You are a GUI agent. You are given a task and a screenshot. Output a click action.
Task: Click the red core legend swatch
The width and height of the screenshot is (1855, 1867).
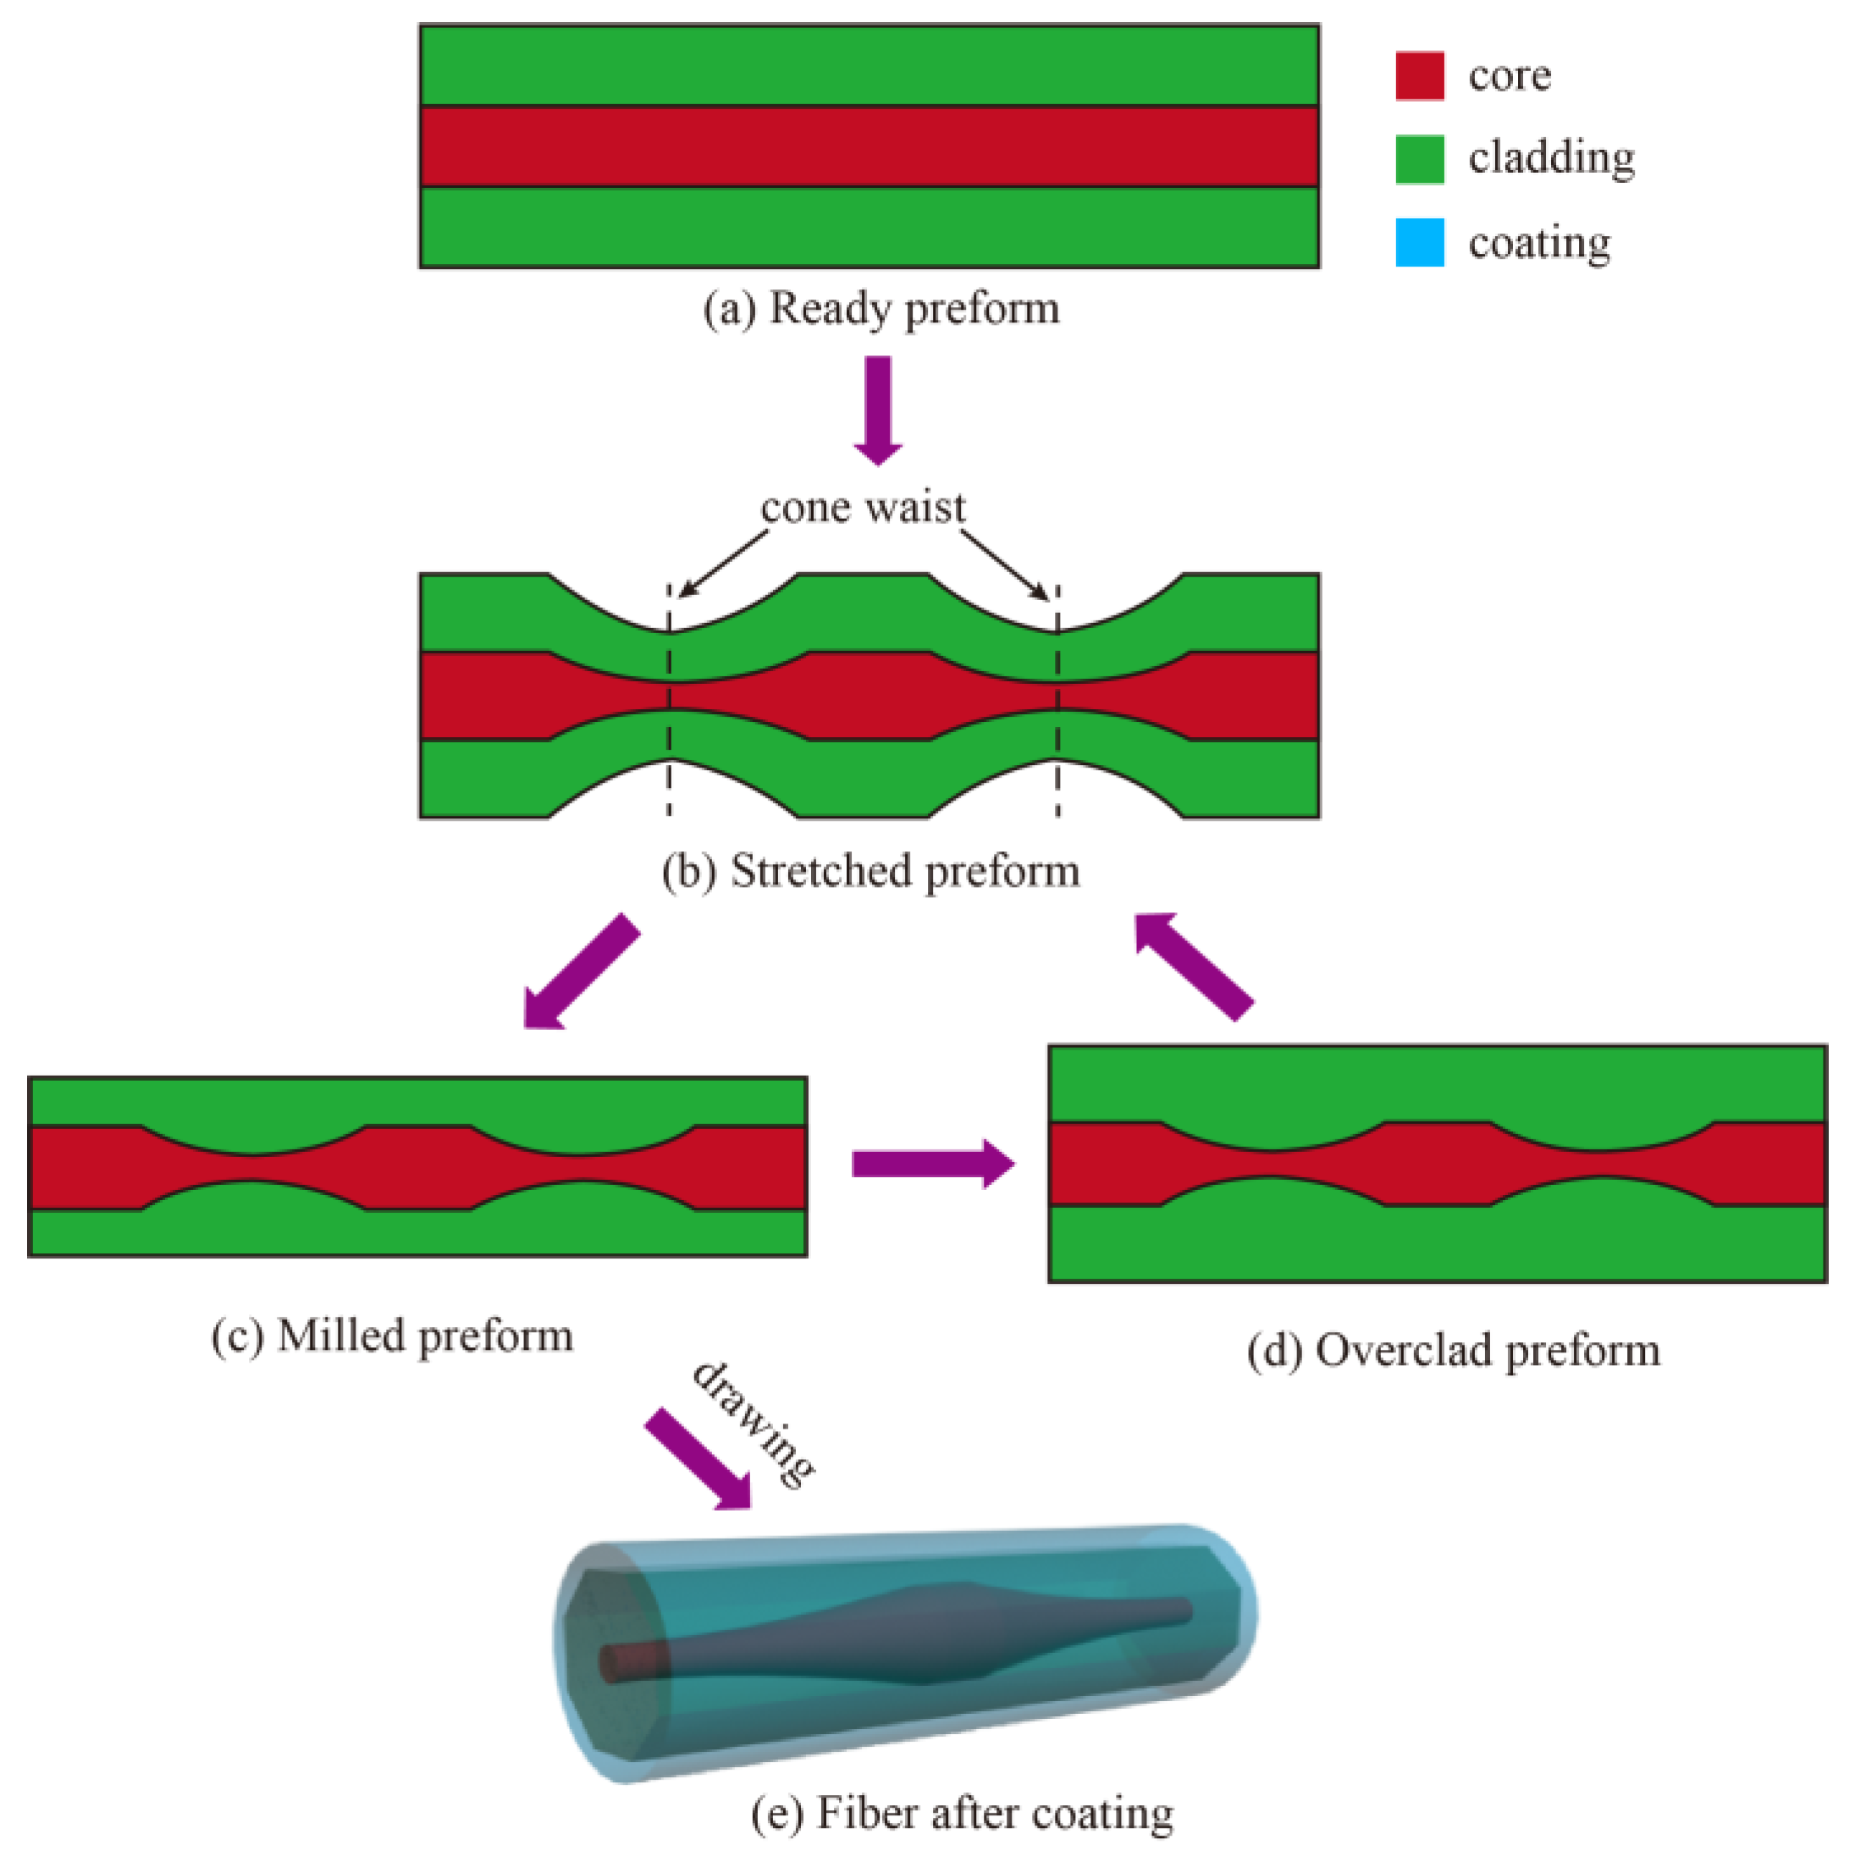[1419, 75]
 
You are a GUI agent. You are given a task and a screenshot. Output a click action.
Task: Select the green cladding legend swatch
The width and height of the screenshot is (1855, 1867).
[1419, 159]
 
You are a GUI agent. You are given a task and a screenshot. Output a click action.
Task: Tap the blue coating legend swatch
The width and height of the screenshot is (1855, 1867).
[1419, 241]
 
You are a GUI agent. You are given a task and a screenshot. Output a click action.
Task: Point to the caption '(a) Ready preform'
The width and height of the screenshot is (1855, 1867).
[881, 309]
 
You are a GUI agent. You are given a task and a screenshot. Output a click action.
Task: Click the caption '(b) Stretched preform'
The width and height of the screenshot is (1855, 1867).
[870, 872]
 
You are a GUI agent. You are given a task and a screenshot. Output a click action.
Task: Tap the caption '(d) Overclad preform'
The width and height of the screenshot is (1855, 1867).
[1453, 1351]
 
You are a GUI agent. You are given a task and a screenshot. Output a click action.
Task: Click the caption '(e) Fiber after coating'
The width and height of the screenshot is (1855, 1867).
[962, 1813]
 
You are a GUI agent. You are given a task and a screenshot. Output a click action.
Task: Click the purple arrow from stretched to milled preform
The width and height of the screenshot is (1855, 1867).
[580, 972]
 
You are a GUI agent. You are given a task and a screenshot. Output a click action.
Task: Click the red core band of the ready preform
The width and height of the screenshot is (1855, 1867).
[868, 146]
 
